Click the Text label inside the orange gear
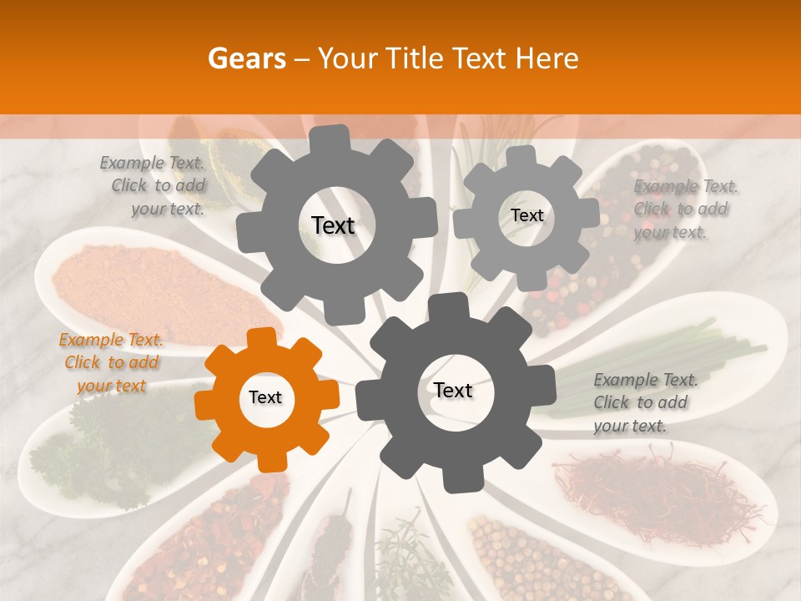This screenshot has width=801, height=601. tap(265, 398)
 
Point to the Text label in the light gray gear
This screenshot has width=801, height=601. tap(526, 215)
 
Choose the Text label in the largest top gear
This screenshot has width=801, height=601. tap(333, 225)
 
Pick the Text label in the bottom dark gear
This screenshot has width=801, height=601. tap(453, 390)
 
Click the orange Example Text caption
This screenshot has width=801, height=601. tap(111, 363)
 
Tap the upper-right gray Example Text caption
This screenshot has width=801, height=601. tap(683, 210)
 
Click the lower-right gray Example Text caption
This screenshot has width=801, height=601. tap(643, 402)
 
